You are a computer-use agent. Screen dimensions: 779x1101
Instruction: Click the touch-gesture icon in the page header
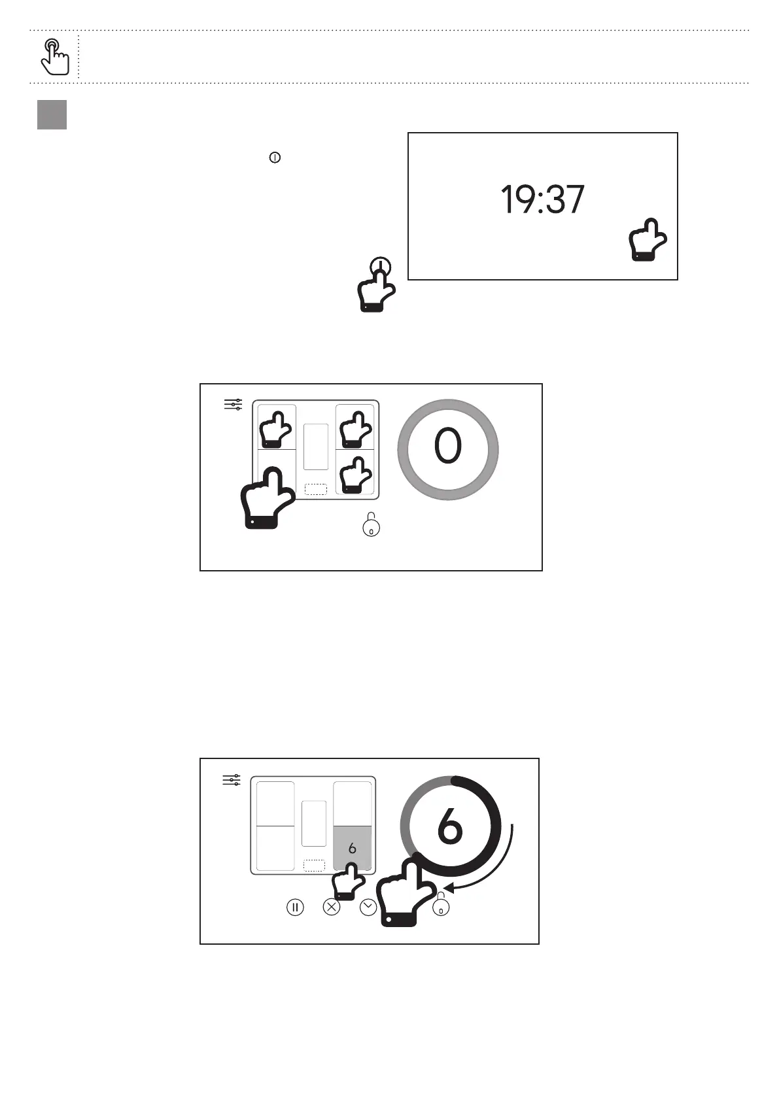[x=54, y=57]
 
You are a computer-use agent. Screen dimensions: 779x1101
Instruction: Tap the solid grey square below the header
[x=52, y=115]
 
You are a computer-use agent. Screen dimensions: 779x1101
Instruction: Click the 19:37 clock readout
[x=542, y=199]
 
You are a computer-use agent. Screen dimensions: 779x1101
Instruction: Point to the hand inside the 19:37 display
[x=648, y=239]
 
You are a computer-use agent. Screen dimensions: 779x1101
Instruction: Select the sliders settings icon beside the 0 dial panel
[x=233, y=405]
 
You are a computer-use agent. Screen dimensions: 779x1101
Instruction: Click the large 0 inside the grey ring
[x=447, y=445]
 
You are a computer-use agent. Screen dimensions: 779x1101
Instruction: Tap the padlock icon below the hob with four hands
[x=371, y=524]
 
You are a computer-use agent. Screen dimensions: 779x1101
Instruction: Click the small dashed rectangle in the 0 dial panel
[x=316, y=490]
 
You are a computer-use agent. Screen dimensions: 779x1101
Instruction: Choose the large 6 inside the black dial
[x=450, y=826]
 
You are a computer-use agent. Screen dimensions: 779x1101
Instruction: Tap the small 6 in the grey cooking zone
[x=352, y=848]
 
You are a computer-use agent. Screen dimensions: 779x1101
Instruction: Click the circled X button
[x=332, y=907]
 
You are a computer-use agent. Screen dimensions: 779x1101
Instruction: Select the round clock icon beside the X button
[x=368, y=907]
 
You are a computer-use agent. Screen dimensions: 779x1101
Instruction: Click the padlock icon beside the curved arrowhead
[x=441, y=904]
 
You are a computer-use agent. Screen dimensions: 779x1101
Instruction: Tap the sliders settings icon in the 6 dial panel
[x=232, y=780]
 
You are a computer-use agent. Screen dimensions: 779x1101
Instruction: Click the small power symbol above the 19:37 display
[x=275, y=158]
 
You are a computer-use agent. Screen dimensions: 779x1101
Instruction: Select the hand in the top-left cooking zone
[x=275, y=430]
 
